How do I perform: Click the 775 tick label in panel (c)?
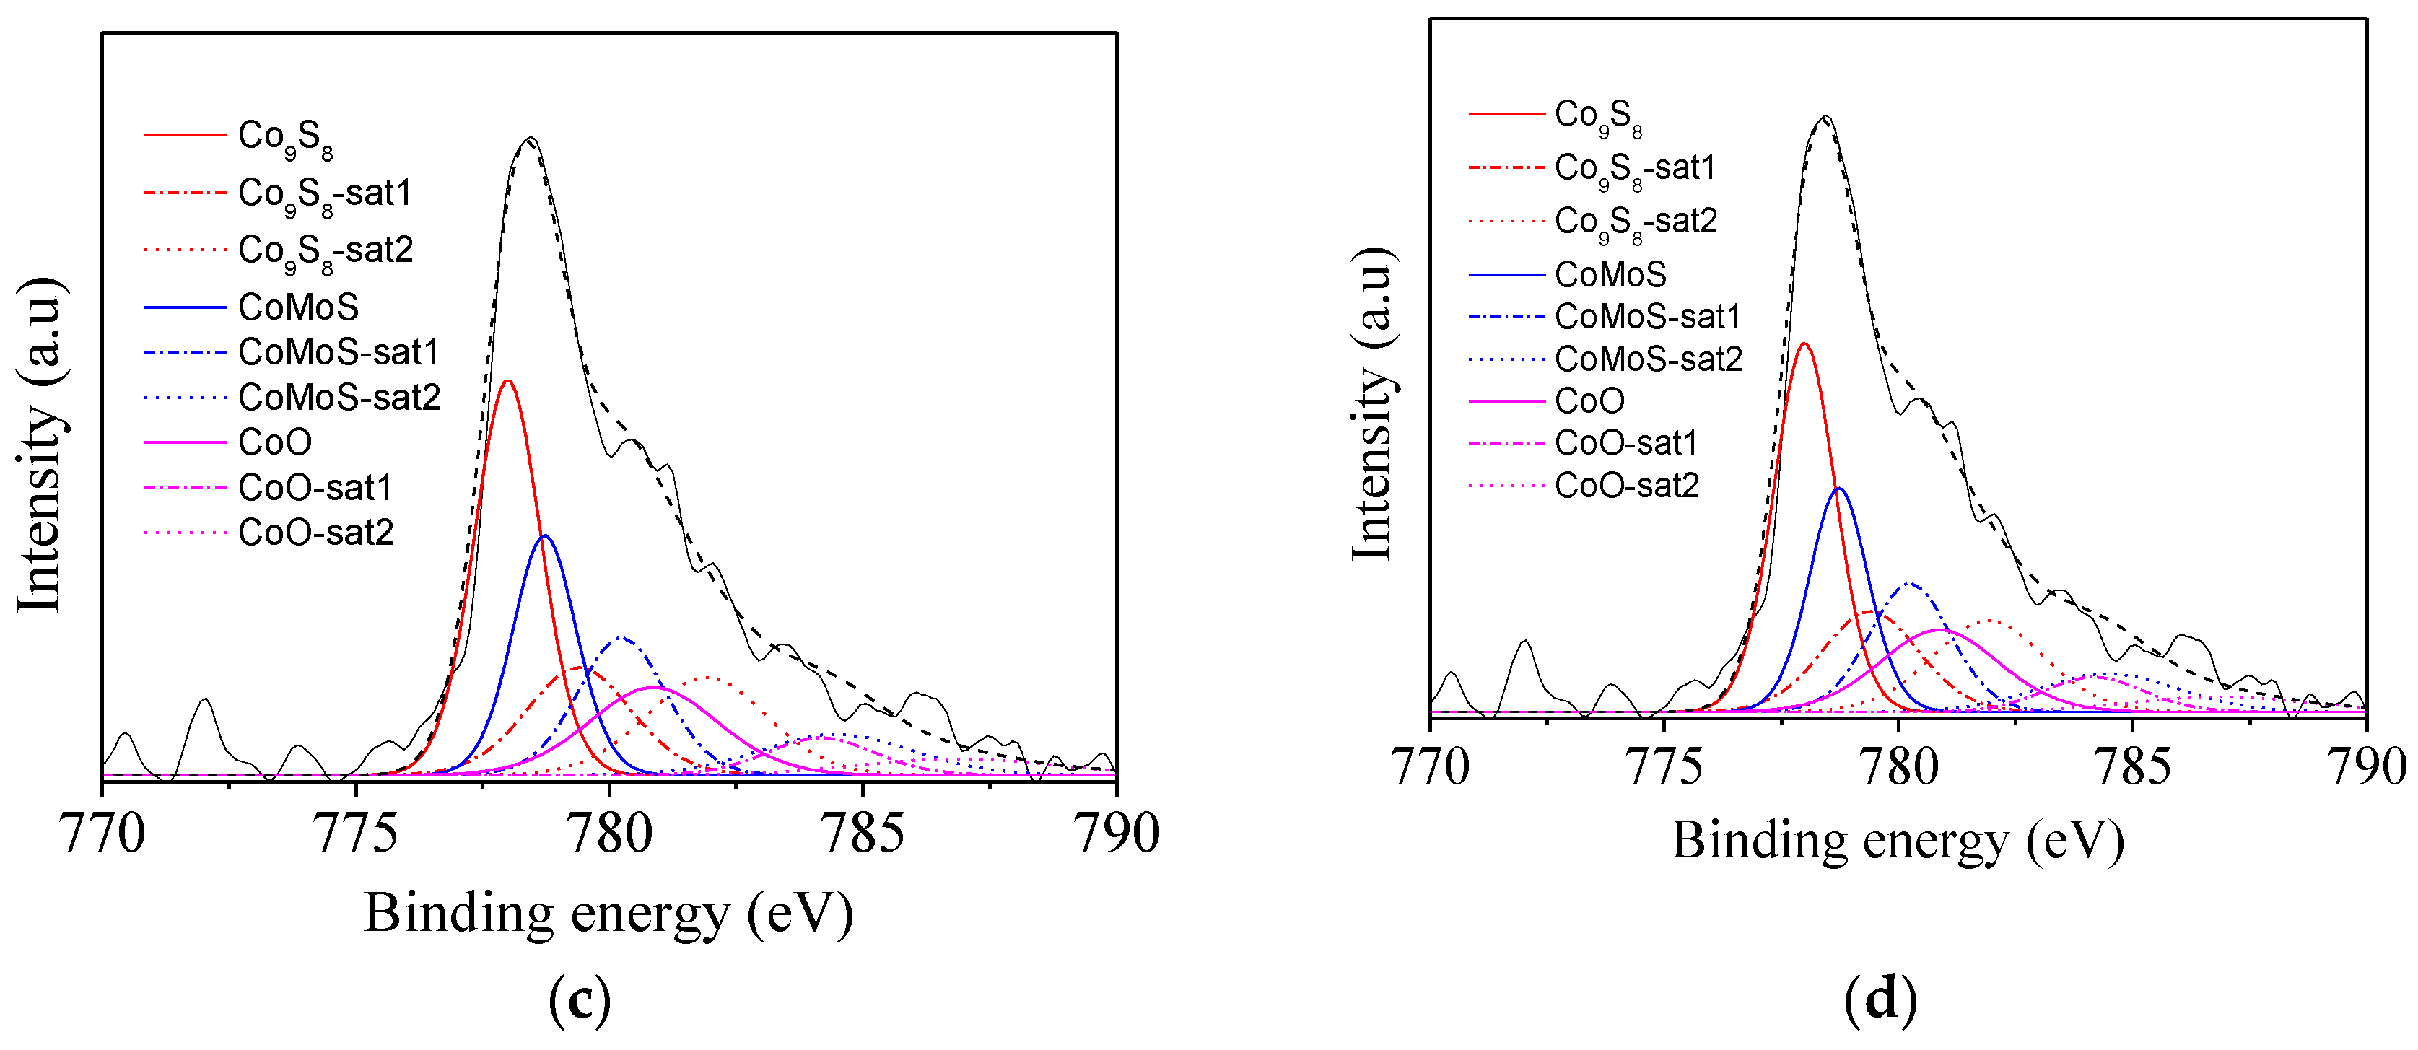click(x=357, y=834)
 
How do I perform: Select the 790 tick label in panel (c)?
click(x=1116, y=834)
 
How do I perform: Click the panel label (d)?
click(x=1880, y=1001)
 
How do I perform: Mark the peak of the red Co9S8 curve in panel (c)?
click(x=508, y=381)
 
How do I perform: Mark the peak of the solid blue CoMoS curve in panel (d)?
click(x=1839, y=489)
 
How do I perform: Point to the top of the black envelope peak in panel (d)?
click(x=1825, y=116)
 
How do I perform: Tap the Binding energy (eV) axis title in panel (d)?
click(x=1897, y=841)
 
